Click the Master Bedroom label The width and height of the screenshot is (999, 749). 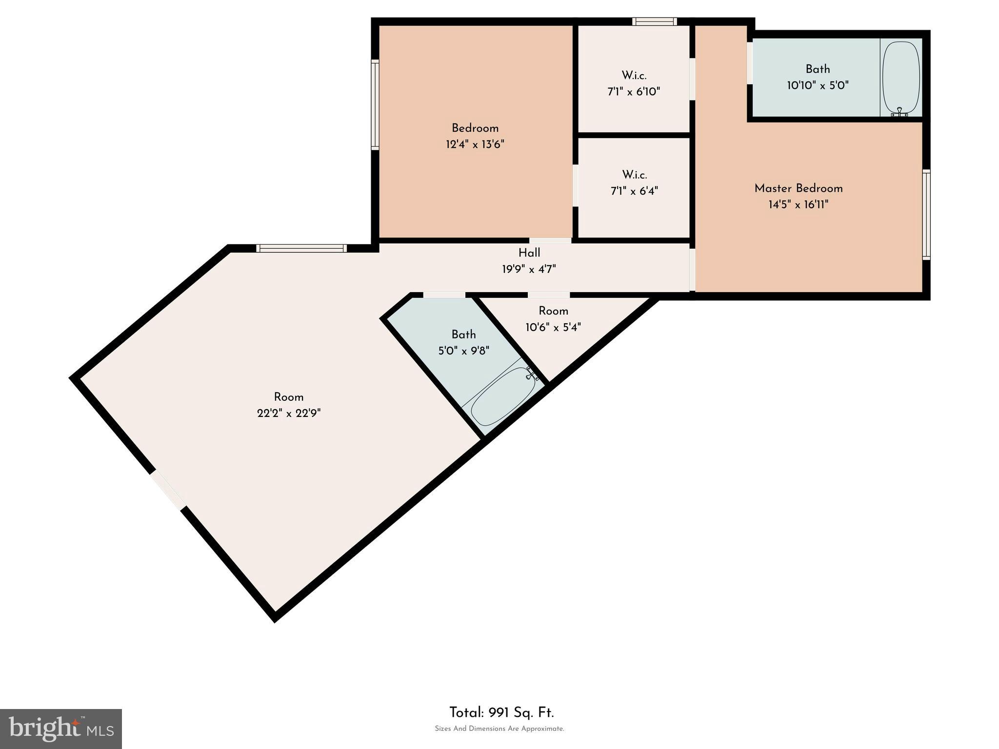[798, 188]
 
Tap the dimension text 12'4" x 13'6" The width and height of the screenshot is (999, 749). [475, 144]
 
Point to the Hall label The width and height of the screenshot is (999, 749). [529, 253]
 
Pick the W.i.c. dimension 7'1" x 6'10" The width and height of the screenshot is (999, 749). [634, 92]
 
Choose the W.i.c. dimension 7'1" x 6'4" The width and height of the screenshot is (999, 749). [634, 191]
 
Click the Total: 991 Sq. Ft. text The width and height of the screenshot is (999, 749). [501, 713]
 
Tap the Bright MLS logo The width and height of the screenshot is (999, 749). [61, 729]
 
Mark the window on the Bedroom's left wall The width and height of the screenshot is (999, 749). [375, 104]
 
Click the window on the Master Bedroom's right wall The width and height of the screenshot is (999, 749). [926, 214]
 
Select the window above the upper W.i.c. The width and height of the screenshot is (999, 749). [655, 21]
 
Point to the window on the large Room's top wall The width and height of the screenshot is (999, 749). [301, 248]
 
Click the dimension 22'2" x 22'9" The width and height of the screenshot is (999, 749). [289, 414]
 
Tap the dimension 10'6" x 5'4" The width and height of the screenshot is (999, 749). [553, 327]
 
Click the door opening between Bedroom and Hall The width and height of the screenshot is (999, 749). [550, 240]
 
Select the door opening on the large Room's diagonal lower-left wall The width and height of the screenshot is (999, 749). [168, 490]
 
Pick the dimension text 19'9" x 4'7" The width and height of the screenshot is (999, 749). [529, 269]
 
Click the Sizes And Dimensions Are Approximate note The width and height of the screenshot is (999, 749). [499, 729]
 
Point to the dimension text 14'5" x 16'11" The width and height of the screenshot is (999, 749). [799, 204]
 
